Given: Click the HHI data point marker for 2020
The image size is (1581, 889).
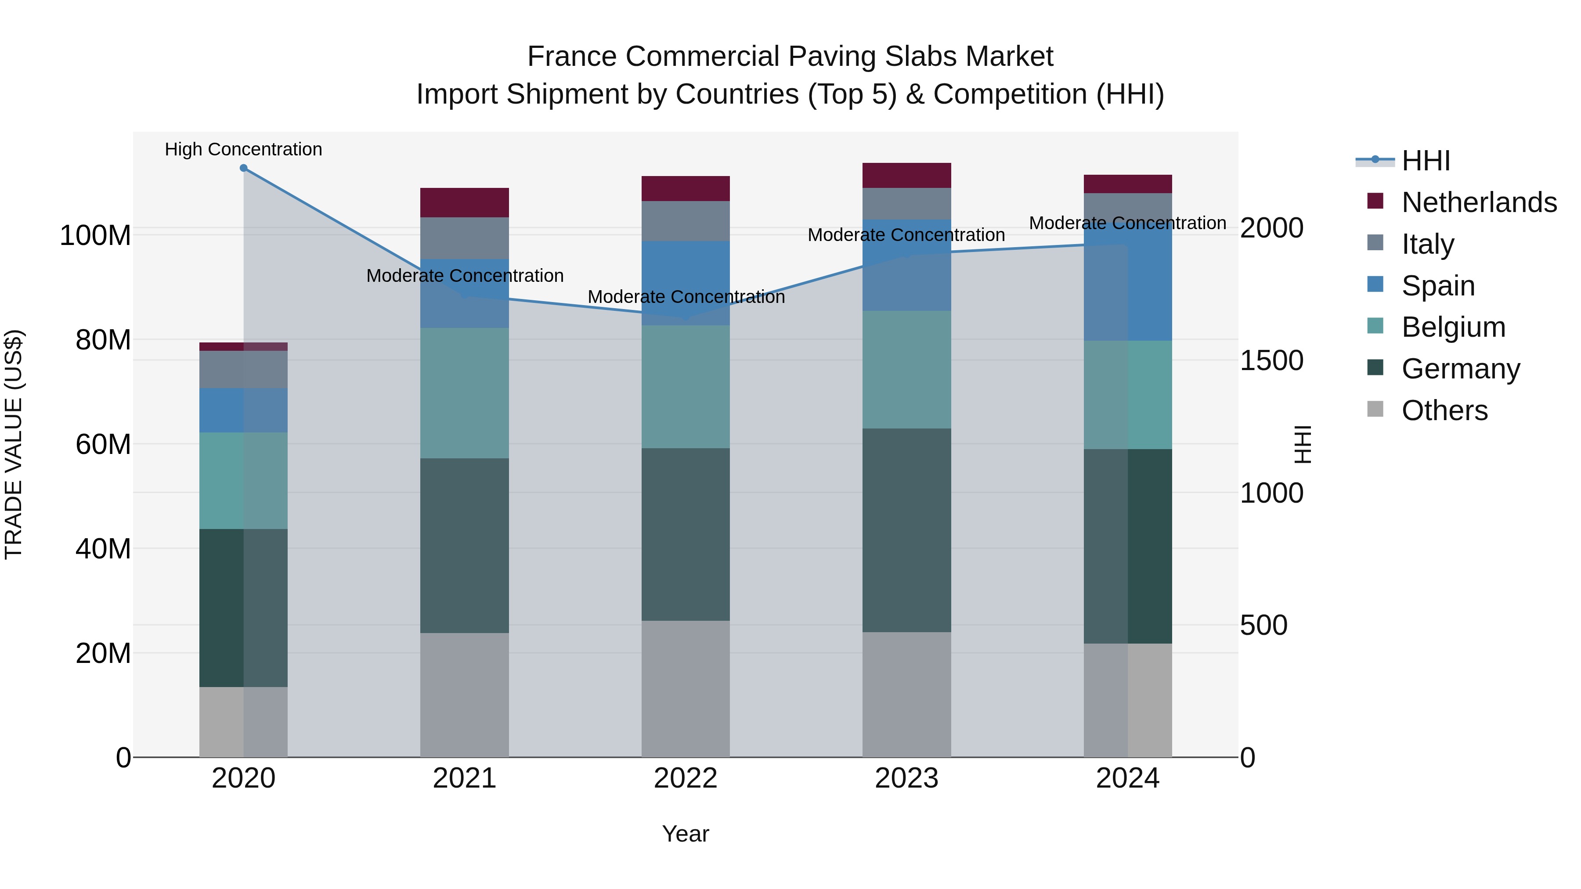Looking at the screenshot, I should pyautogui.click(x=244, y=168).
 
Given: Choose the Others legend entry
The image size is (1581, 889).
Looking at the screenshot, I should pyautogui.click(x=1444, y=410).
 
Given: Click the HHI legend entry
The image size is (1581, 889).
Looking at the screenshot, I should pyautogui.click(x=1426, y=161).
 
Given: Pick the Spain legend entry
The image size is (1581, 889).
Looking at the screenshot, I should pyautogui.click(x=1437, y=286).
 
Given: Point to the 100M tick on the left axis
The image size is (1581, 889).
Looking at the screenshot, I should pyautogui.click(x=95, y=236).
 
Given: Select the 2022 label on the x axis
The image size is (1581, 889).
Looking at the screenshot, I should pyautogui.click(x=686, y=778).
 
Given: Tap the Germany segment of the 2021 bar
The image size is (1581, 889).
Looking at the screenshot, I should pyautogui.click(x=465, y=545).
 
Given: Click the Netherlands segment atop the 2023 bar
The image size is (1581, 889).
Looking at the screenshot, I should pyautogui.click(x=906, y=176).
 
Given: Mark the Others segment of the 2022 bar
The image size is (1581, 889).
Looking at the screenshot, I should pyautogui.click(x=686, y=688).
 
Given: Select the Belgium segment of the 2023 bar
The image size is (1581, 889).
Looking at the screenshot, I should pyautogui.click(x=906, y=369).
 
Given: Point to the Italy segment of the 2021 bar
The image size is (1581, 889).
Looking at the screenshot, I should pyautogui.click(x=465, y=238).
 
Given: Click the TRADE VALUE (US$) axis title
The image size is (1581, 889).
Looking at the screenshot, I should pyautogui.click(x=14, y=444).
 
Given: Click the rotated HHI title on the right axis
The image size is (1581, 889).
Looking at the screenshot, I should pyautogui.click(x=1301, y=444).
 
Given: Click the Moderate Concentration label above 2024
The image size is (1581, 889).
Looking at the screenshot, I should pyautogui.click(x=1127, y=223).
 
